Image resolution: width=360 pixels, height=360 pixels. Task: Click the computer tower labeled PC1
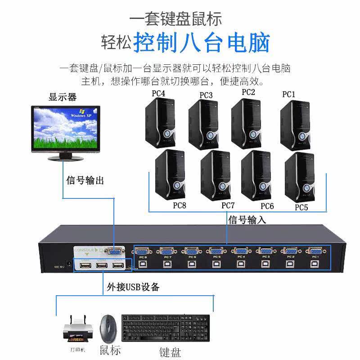(x=295, y=122)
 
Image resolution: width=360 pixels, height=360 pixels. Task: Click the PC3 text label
(x=206, y=95)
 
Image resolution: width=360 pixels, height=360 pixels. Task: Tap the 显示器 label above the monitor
(x=63, y=97)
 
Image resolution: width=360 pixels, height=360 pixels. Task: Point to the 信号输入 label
(x=247, y=220)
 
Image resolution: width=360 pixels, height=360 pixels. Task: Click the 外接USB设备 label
(x=133, y=286)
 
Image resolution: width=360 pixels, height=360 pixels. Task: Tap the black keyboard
(x=165, y=328)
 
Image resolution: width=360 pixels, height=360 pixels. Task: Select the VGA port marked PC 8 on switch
(x=142, y=252)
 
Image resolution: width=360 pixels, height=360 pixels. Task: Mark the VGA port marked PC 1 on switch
(x=314, y=252)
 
